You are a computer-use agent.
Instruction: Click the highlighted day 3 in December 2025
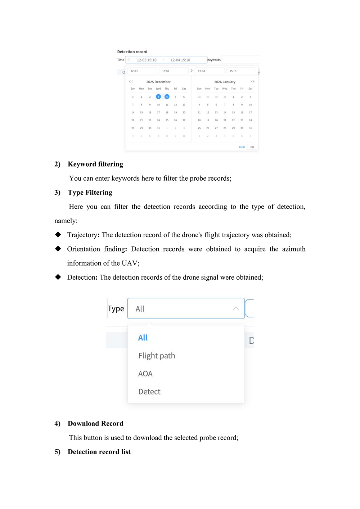(x=158, y=97)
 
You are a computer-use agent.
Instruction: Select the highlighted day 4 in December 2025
(x=167, y=97)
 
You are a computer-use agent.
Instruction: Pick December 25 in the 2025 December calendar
(x=167, y=120)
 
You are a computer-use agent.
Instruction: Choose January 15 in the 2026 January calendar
(x=233, y=112)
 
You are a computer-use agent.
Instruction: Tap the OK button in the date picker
(x=252, y=147)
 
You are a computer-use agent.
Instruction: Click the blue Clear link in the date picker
(x=242, y=147)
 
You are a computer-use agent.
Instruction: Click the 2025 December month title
(x=158, y=82)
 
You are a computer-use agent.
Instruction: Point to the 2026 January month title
(x=225, y=82)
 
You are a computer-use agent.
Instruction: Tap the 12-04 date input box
(x=209, y=71)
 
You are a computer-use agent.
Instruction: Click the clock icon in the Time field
(x=129, y=60)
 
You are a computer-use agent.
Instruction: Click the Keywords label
(x=214, y=60)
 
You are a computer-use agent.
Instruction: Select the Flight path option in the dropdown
(x=157, y=356)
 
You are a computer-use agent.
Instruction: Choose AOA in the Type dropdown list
(x=145, y=374)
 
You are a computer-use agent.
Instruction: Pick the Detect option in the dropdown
(x=149, y=392)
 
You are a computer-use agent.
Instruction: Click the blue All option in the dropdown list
(x=143, y=338)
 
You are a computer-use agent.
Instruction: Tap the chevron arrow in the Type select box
(x=236, y=308)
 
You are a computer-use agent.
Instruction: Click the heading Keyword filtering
(x=95, y=164)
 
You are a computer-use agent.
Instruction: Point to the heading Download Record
(x=95, y=423)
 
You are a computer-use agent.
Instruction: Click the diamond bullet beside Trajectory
(x=58, y=234)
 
